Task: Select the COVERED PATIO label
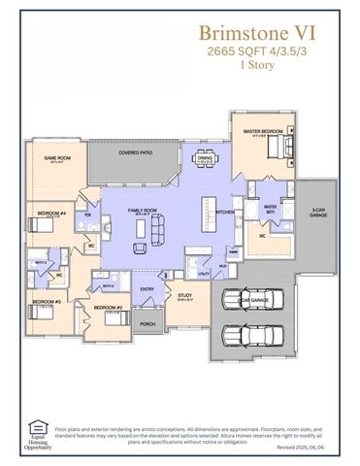click(x=134, y=152)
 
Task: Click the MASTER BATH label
click(x=271, y=207)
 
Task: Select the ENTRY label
click(x=147, y=288)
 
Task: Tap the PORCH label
click(x=147, y=323)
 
